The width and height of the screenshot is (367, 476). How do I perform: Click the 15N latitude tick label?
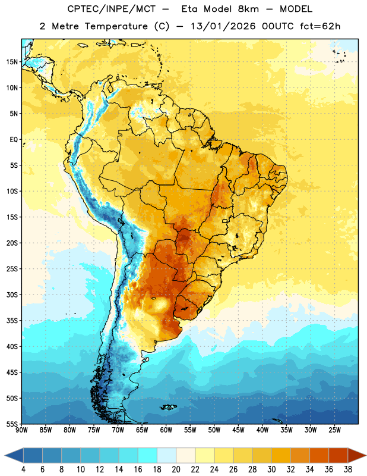[x=12, y=62]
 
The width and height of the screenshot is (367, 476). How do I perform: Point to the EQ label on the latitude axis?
[x=14, y=140]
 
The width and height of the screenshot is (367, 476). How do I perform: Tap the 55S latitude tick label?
[x=12, y=424]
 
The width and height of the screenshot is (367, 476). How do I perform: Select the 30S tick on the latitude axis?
[x=12, y=295]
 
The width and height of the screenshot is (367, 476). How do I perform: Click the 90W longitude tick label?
[x=22, y=430]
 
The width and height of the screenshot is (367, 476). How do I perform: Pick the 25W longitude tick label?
[x=335, y=430]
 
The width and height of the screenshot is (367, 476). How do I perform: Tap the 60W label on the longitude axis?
[x=166, y=430]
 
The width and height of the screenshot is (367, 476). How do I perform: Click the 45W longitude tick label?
[x=239, y=430]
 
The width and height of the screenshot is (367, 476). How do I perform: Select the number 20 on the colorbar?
[x=176, y=469]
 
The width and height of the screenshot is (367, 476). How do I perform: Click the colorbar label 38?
[x=348, y=469]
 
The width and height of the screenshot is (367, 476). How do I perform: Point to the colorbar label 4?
[x=23, y=469]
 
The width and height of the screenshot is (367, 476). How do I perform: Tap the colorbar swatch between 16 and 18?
[x=148, y=455]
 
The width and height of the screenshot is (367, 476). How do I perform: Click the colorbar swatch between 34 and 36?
[x=319, y=455]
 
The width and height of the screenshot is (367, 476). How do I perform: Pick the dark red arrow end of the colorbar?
[x=356, y=455]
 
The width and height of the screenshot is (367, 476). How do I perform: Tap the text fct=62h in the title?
[x=320, y=26]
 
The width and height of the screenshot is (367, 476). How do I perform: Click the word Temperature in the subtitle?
[x=116, y=26]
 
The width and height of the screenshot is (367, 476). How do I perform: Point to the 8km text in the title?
[x=248, y=9]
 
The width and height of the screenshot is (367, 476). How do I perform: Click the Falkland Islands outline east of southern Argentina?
[x=168, y=407]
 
